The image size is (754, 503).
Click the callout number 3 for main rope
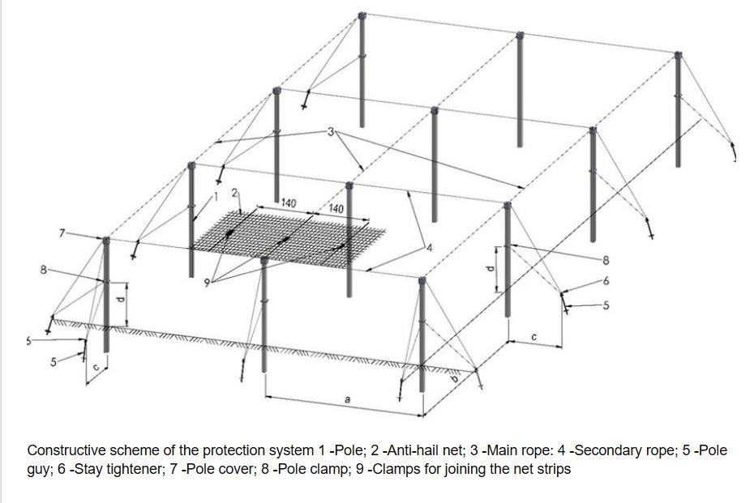coord(331,131)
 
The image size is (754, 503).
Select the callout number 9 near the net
coord(207,281)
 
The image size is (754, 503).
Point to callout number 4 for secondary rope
coord(430,246)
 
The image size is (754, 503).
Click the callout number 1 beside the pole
coord(217,195)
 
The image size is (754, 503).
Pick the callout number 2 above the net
coord(233,193)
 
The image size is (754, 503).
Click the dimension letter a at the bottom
coord(347,400)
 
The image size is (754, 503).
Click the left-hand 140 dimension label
coord(288,203)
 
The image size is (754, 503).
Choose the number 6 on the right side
coord(604,280)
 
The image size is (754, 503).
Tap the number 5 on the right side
coord(604,305)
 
